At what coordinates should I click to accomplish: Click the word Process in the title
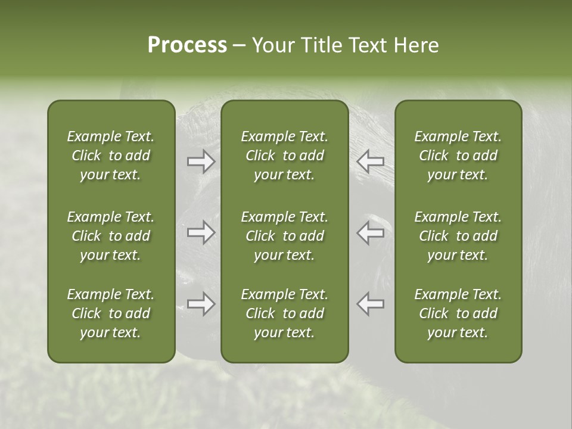(187, 45)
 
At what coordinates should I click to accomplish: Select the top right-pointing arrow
(201, 161)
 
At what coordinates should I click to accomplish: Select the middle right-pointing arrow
(201, 232)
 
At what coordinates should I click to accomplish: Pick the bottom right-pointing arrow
(201, 304)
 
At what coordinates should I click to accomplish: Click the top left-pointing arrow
(370, 161)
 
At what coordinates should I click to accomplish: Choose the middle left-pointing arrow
(370, 232)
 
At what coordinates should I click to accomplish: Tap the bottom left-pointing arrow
(370, 304)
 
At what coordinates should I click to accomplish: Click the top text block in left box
(111, 156)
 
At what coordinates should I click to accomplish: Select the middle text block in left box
(111, 236)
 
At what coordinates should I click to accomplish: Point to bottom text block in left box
(111, 313)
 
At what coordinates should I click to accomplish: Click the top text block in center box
(285, 156)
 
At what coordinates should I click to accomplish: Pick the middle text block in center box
(285, 236)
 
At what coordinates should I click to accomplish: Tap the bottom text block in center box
(285, 313)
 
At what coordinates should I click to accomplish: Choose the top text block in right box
(458, 156)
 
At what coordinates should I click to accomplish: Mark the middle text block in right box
(458, 236)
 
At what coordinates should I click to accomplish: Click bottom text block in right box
(458, 313)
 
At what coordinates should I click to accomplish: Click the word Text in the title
(369, 45)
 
